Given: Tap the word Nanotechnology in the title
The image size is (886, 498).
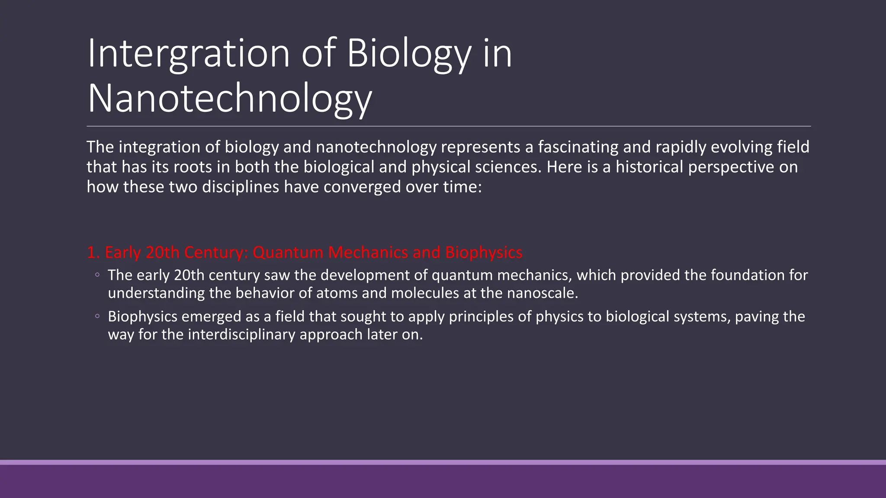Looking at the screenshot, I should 229,99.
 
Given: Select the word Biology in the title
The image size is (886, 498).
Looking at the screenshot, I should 408,54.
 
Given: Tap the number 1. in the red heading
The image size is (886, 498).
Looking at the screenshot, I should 93,252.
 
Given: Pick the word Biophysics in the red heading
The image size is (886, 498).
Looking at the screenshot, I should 484,252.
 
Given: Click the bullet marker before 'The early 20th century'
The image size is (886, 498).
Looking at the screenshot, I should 97,275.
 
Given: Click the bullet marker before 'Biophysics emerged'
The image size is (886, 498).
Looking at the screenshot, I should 97,316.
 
